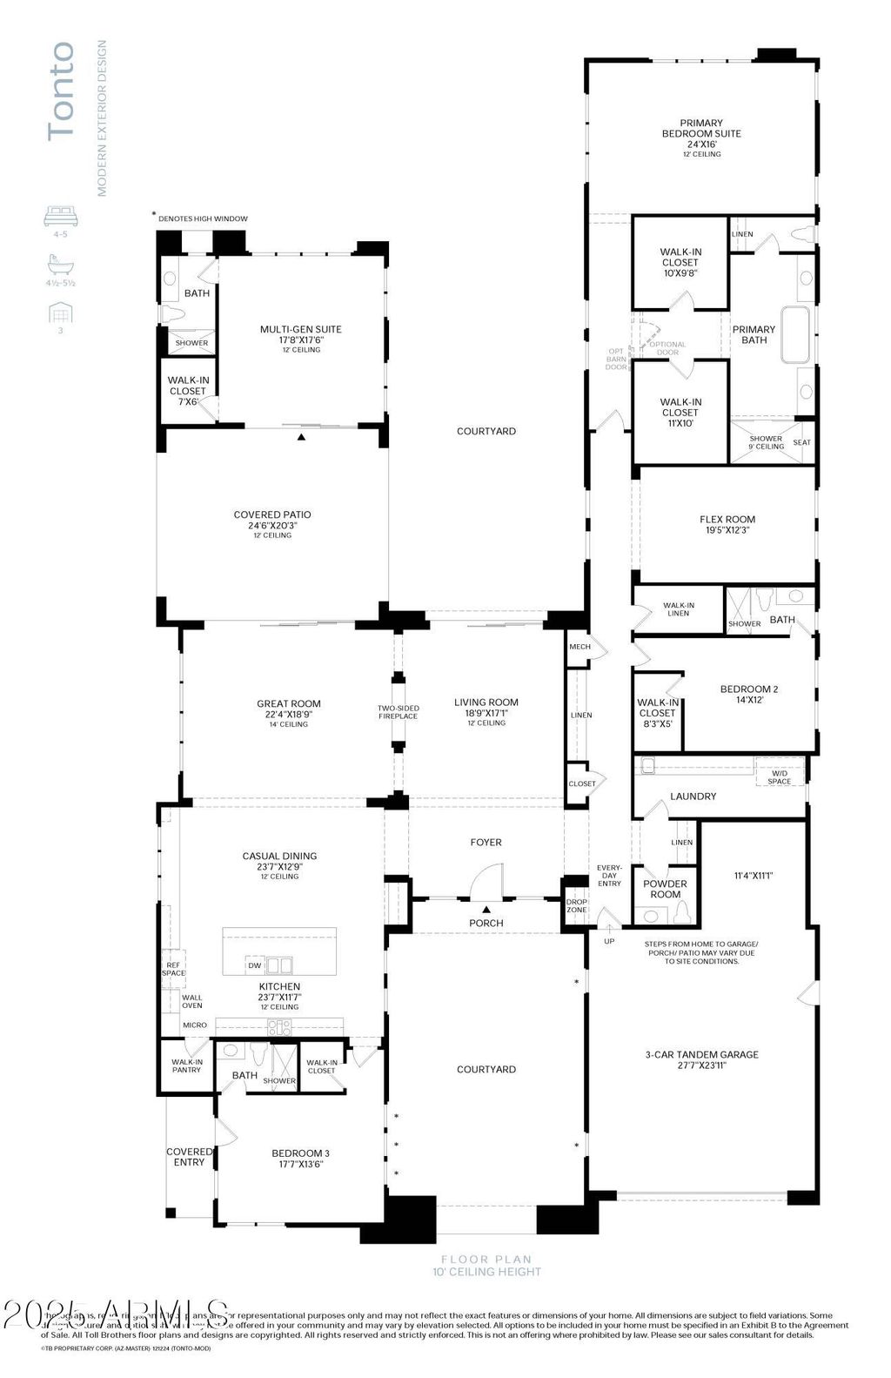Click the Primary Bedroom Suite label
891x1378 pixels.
(701, 129)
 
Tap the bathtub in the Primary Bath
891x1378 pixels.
(795, 334)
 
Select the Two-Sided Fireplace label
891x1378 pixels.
(398, 712)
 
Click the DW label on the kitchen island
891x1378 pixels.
(254, 965)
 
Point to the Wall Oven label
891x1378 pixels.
(192, 1001)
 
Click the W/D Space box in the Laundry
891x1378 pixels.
(779, 777)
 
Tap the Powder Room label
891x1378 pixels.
(666, 889)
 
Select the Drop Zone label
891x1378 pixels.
(577, 905)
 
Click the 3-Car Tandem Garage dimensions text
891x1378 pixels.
(701, 1065)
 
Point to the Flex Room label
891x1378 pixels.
(727, 520)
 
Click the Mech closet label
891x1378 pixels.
(579, 647)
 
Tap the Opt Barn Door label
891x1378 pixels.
(616, 360)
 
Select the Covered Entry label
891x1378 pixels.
(189, 1157)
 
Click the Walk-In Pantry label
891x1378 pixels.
(186, 1065)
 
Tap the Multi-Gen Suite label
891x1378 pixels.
(300, 329)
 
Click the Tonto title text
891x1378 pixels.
(61, 91)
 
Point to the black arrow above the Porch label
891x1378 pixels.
(486, 909)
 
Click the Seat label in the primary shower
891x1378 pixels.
(801, 442)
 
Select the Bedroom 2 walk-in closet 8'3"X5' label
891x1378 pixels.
(657, 712)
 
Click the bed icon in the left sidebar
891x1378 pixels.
(61, 215)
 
